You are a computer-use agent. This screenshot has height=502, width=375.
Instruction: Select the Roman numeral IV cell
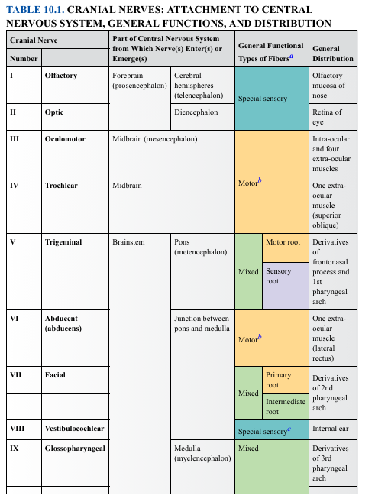click(15, 186)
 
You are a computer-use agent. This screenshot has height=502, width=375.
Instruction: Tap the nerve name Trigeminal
click(63, 242)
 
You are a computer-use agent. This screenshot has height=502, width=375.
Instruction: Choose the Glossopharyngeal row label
click(74, 449)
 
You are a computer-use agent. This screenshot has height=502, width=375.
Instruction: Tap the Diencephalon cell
click(196, 112)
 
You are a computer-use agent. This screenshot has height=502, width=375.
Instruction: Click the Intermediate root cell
click(285, 406)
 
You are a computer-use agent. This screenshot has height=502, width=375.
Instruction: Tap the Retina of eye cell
click(327, 117)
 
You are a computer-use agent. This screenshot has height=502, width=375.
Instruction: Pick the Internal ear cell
click(332, 429)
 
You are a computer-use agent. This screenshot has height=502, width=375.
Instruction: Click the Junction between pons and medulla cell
click(201, 324)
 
